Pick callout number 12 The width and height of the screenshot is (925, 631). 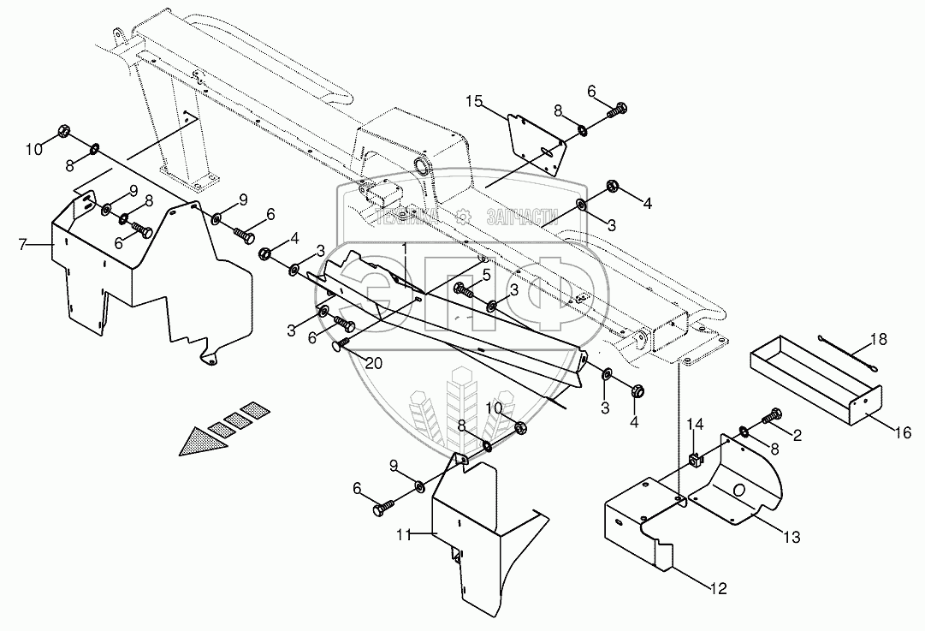tap(719, 588)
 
